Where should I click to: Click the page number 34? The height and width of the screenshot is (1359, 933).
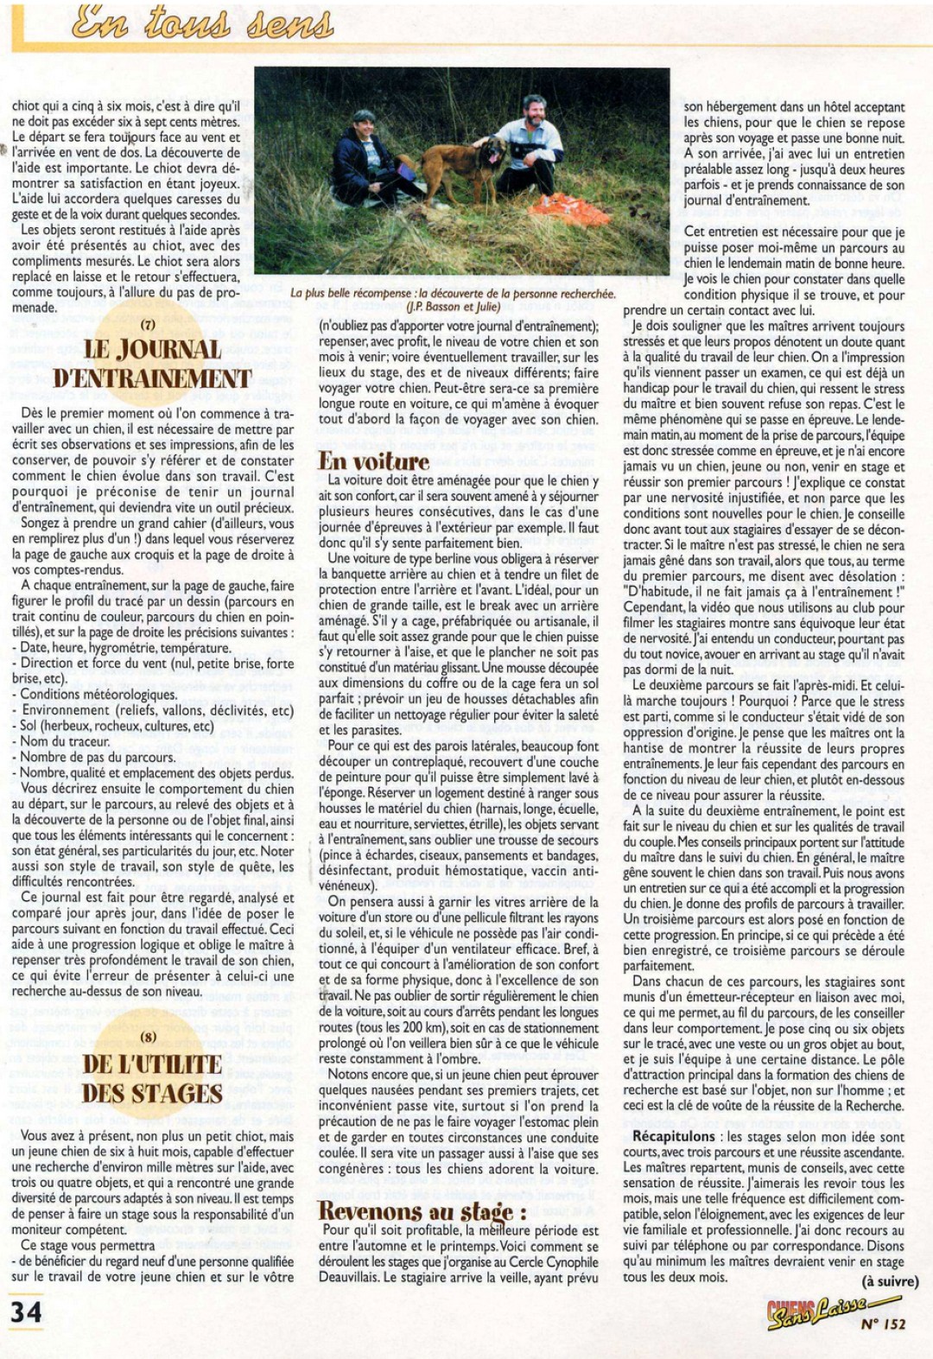coord(26,1312)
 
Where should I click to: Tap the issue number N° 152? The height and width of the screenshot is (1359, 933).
coord(883,1324)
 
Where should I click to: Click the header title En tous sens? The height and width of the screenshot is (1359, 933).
coord(203,23)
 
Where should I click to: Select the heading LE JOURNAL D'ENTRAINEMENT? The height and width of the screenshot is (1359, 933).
coord(152,364)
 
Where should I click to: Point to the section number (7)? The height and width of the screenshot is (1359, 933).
coord(148,326)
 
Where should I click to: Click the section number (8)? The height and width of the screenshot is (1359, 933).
coord(149,1037)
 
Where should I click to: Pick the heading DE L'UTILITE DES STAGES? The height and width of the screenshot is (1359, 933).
coord(152,1078)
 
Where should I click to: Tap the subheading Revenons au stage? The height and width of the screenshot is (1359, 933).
coord(422,1210)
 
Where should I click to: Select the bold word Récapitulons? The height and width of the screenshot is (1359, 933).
coord(674,1136)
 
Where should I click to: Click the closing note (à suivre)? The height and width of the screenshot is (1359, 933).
coord(890,1281)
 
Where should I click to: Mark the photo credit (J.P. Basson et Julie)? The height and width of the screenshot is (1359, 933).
coord(453,307)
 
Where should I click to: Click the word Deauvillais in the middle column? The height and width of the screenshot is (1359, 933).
coord(350,1277)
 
